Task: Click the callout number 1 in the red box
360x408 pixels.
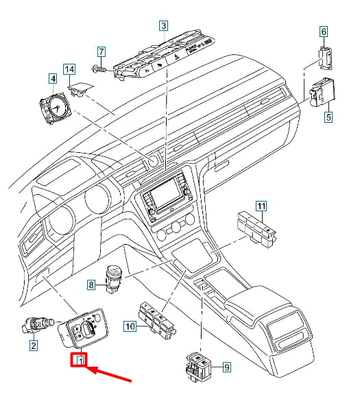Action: pos(81,359)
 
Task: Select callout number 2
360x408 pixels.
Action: pos(33,346)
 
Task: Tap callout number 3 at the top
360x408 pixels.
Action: pos(163,27)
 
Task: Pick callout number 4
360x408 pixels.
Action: pos(52,79)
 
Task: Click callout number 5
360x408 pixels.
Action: pos(328,117)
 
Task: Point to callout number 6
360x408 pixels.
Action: pos(323,31)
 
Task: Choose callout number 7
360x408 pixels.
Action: pos(101,51)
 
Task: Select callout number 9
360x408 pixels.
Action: pos(227,368)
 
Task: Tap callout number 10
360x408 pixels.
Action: pos(130,328)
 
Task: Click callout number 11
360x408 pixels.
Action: pos(261,205)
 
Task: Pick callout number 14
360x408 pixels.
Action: pos(69,69)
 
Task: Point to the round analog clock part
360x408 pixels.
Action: pos(53,108)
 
